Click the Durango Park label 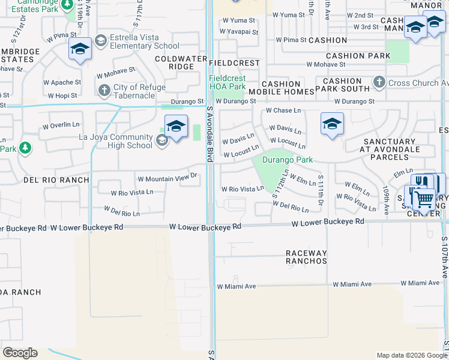coord(288,160)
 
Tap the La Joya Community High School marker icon coord(161,140)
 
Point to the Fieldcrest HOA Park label coord(228,82)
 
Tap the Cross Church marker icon coord(379,82)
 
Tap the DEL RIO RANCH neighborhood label coord(56,179)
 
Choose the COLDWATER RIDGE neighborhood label coord(175,62)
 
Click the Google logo coord(20,353)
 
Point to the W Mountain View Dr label coord(167,178)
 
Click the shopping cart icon coord(424,199)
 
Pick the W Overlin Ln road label coord(61,126)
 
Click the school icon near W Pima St coord(79,49)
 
